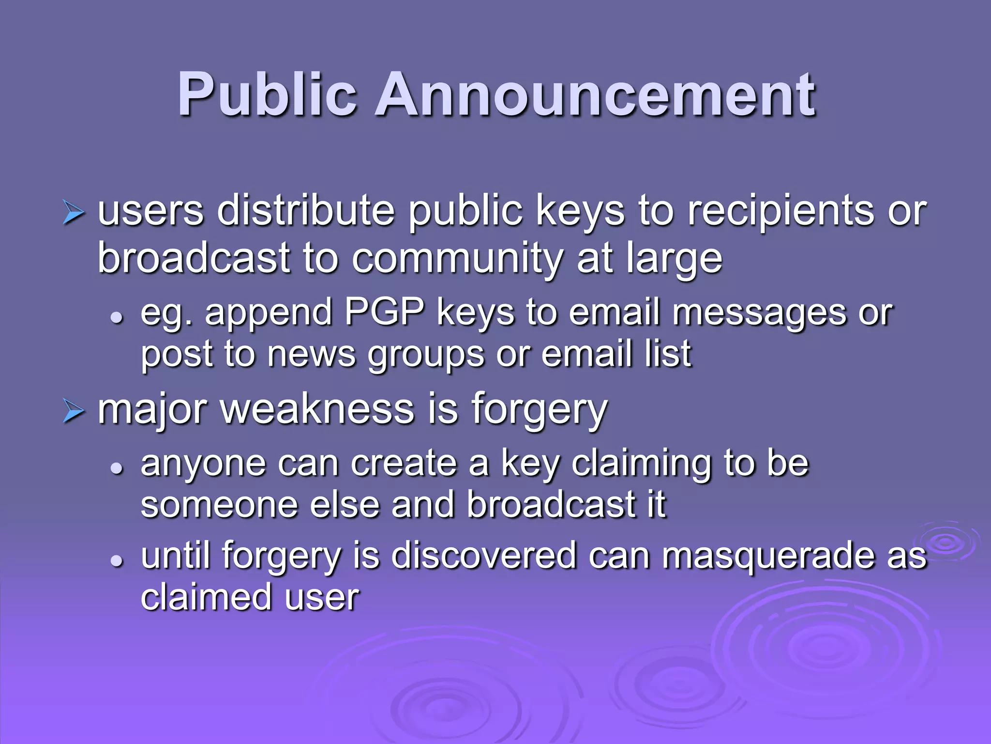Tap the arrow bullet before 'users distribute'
(74, 214)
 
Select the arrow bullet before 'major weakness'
(74, 412)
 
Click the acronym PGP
(385, 312)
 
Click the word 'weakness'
(317, 410)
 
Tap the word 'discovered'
(484, 555)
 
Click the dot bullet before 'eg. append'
(116, 318)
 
